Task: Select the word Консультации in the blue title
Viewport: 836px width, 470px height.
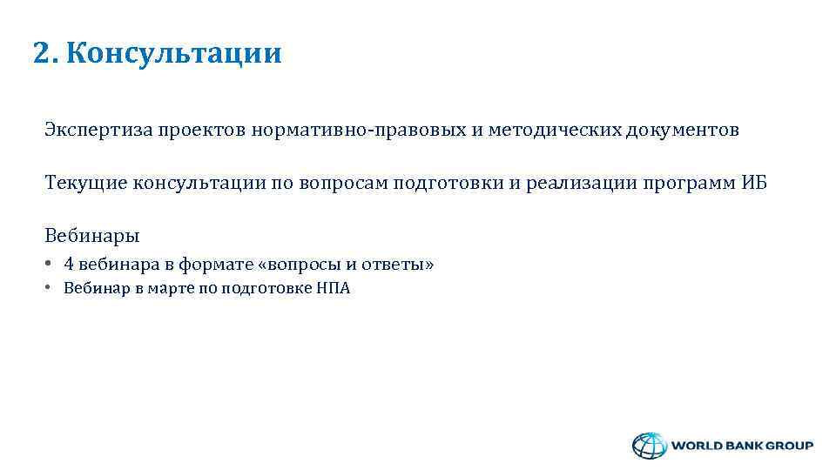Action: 173,54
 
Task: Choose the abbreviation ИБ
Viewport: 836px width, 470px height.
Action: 754,184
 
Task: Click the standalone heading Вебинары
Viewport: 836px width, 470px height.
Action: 91,236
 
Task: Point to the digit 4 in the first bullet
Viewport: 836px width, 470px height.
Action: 69,265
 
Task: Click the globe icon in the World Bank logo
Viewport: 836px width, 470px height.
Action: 647,446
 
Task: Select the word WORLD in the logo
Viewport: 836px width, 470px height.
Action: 698,446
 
